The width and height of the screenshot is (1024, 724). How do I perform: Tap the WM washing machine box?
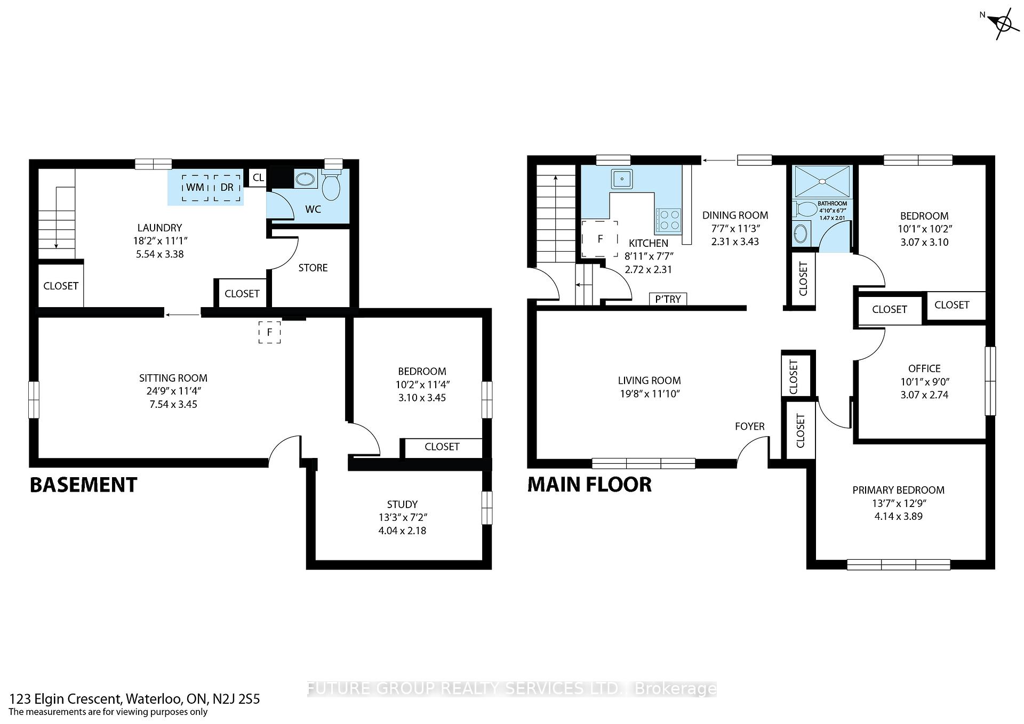click(x=195, y=188)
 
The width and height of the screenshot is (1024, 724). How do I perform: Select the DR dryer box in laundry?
click(x=227, y=188)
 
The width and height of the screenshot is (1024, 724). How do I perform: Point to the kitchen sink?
click(x=622, y=179)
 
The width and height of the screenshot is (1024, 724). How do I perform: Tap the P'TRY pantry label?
click(x=668, y=299)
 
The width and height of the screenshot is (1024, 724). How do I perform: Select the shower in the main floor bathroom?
click(x=822, y=181)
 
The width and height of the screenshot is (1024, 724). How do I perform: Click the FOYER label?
click(x=749, y=426)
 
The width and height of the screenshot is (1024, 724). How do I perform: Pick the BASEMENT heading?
click(x=84, y=485)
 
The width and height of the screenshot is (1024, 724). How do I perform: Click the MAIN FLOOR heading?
click(x=589, y=485)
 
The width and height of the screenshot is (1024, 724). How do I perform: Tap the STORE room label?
click(x=313, y=268)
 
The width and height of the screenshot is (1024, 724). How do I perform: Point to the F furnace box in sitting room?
click(x=270, y=332)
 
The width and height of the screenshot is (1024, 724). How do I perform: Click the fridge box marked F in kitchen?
click(x=600, y=239)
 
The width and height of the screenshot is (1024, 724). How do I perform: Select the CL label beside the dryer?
click(x=258, y=178)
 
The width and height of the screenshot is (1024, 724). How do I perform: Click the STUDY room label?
click(x=402, y=504)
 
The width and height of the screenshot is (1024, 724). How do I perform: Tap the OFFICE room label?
click(x=924, y=368)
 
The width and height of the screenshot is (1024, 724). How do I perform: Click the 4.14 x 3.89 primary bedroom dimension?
click(x=898, y=516)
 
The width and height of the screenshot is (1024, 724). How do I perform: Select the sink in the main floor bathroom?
click(x=801, y=234)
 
